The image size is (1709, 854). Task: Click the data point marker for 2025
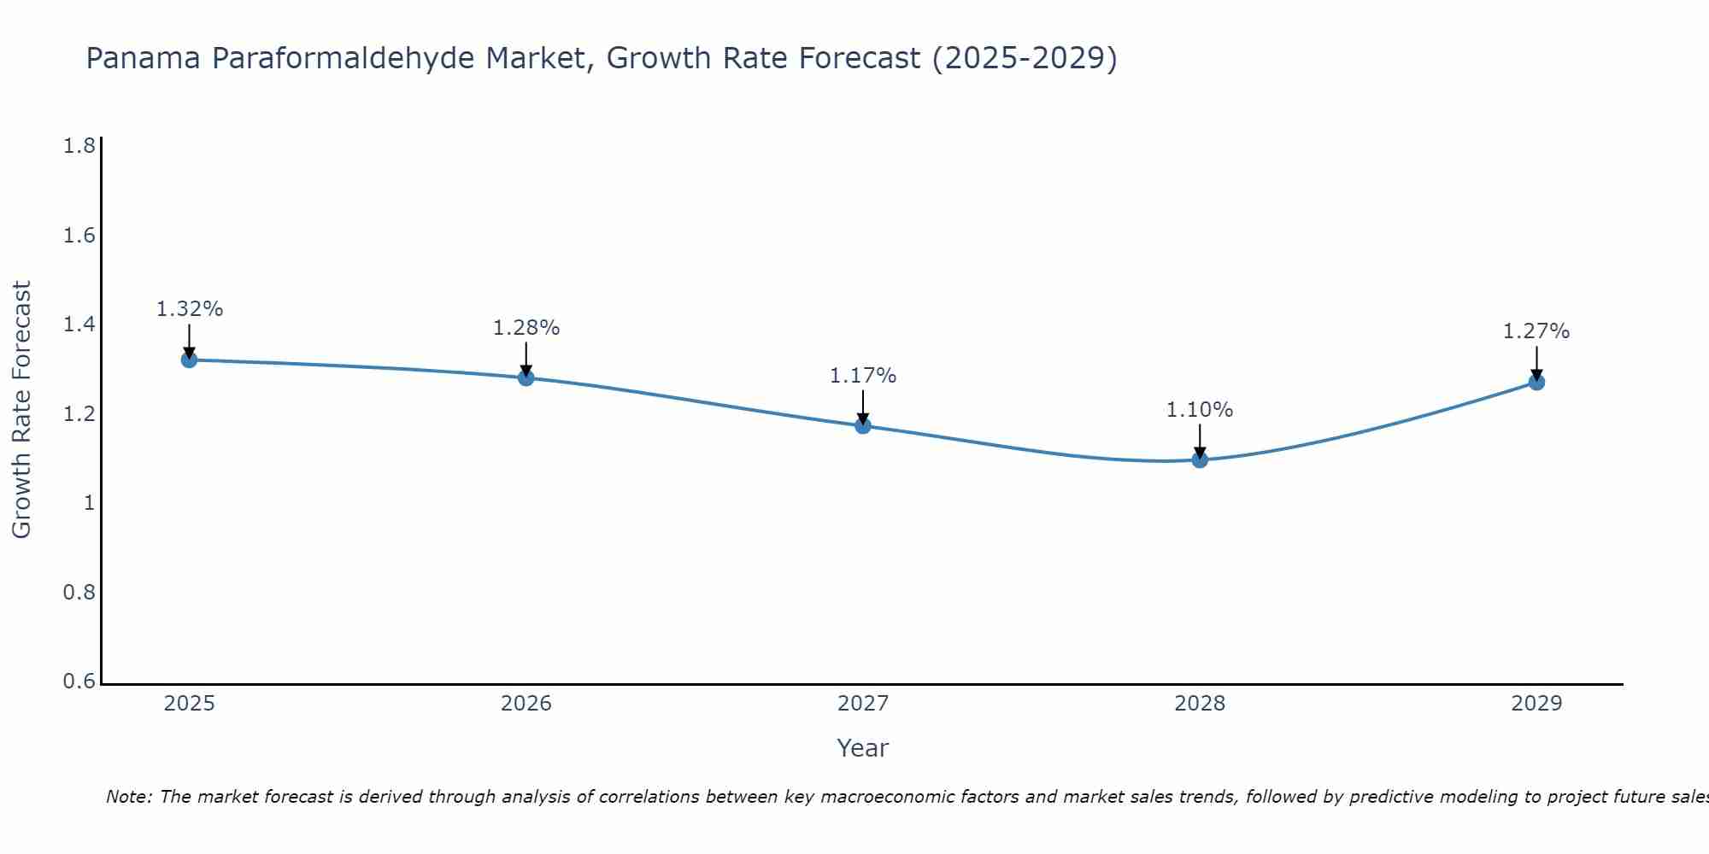pos(189,360)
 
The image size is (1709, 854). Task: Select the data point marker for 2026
pos(526,377)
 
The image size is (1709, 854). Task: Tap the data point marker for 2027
pos(863,425)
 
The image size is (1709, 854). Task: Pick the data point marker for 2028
pos(1200,459)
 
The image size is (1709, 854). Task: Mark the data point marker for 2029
pos(1536,382)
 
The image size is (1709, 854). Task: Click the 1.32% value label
pos(189,309)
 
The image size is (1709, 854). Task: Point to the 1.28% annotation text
pos(526,328)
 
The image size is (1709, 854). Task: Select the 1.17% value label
pos(863,376)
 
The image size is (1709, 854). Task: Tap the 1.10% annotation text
pos(1200,410)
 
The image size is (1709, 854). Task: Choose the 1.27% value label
pos(1536,331)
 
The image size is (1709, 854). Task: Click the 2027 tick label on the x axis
pos(863,704)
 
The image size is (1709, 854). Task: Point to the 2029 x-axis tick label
pos(1536,704)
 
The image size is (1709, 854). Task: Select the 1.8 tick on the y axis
pos(79,146)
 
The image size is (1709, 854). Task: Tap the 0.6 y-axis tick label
pos(79,681)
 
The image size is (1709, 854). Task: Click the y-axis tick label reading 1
pos(89,503)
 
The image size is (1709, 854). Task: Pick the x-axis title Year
pos(863,748)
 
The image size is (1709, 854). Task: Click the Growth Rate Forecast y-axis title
pos(21,409)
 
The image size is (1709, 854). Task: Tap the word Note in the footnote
pos(128,797)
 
